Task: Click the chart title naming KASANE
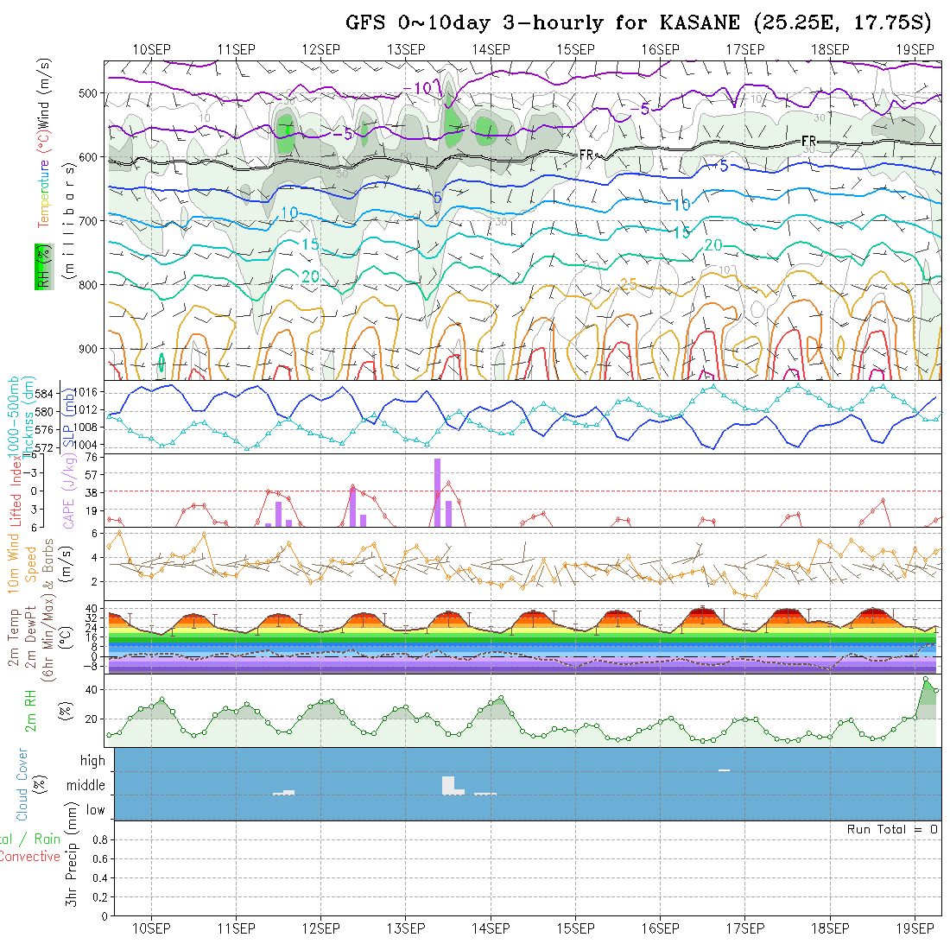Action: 638,22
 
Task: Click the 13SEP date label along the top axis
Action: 406,48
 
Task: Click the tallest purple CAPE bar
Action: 438,492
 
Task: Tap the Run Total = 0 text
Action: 892,829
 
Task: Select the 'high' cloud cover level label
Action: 92,761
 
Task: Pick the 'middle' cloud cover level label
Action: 86,785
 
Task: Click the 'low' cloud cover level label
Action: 95,810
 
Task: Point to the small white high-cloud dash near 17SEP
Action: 724,769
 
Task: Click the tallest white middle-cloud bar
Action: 447,785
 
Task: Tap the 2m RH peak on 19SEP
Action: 927,678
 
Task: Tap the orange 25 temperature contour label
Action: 629,284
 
